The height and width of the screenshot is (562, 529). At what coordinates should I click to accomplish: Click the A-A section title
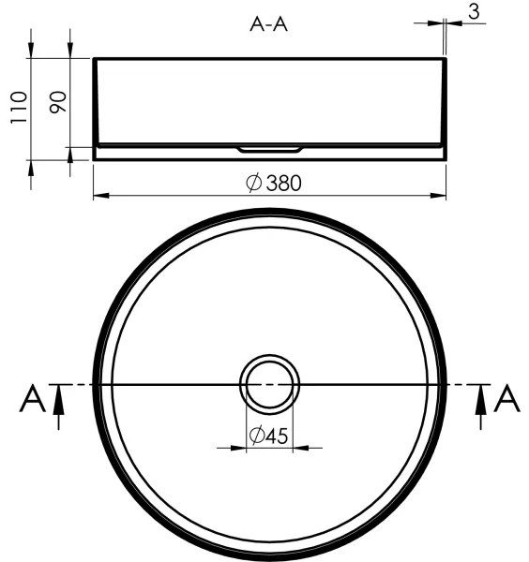(268, 25)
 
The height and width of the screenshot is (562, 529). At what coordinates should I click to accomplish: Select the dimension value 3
(476, 12)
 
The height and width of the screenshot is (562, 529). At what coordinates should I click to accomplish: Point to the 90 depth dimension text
(56, 101)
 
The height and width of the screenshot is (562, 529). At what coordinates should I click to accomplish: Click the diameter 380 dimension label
(274, 184)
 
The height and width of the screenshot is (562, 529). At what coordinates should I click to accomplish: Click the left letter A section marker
(33, 400)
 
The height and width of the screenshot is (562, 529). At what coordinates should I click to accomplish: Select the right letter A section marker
(506, 399)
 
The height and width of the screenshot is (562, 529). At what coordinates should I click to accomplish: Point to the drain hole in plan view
(270, 384)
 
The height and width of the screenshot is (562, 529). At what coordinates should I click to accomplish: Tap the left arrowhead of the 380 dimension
(99, 196)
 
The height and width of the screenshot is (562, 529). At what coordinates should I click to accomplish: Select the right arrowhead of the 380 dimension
(440, 196)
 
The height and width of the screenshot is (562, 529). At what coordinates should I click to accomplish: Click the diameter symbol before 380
(253, 184)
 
